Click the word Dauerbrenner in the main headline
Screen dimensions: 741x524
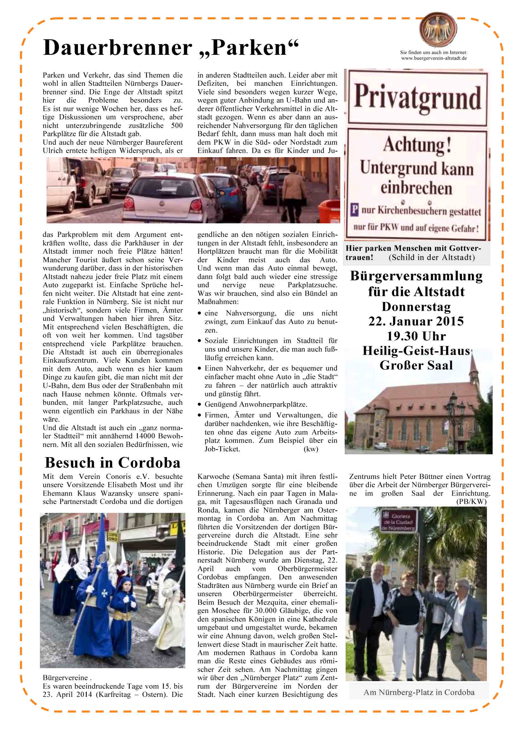tap(118, 48)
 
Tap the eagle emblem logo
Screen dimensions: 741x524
tap(438, 30)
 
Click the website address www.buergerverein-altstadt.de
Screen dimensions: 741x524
tap(434, 58)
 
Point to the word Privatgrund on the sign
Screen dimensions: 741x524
tap(418, 97)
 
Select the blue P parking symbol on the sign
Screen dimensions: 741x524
tap(354, 210)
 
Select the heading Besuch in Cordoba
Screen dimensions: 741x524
tap(112, 463)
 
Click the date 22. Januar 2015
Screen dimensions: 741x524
tap(416, 321)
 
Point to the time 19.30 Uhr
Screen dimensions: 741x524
tap(416, 336)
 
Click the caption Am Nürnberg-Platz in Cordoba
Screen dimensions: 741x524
tap(419, 692)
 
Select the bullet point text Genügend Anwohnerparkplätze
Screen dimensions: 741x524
tap(256, 404)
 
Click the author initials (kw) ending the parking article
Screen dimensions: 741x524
tap(311, 449)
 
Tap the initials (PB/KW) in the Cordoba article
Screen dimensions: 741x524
tap(471, 501)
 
